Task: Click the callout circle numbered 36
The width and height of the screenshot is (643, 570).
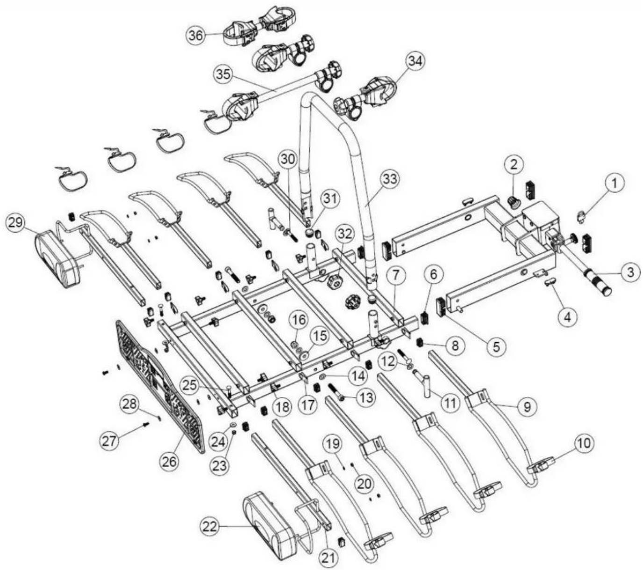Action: [x=197, y=36]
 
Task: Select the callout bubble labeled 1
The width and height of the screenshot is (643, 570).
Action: [x=615, y=183]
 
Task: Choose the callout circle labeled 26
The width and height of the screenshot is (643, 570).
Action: [x=169, y=461]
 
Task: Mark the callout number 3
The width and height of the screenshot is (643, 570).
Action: [x=630, y=272]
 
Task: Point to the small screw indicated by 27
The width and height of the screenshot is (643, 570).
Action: [x=147, y=424]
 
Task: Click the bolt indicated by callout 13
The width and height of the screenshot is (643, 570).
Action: [x=336, y=391]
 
